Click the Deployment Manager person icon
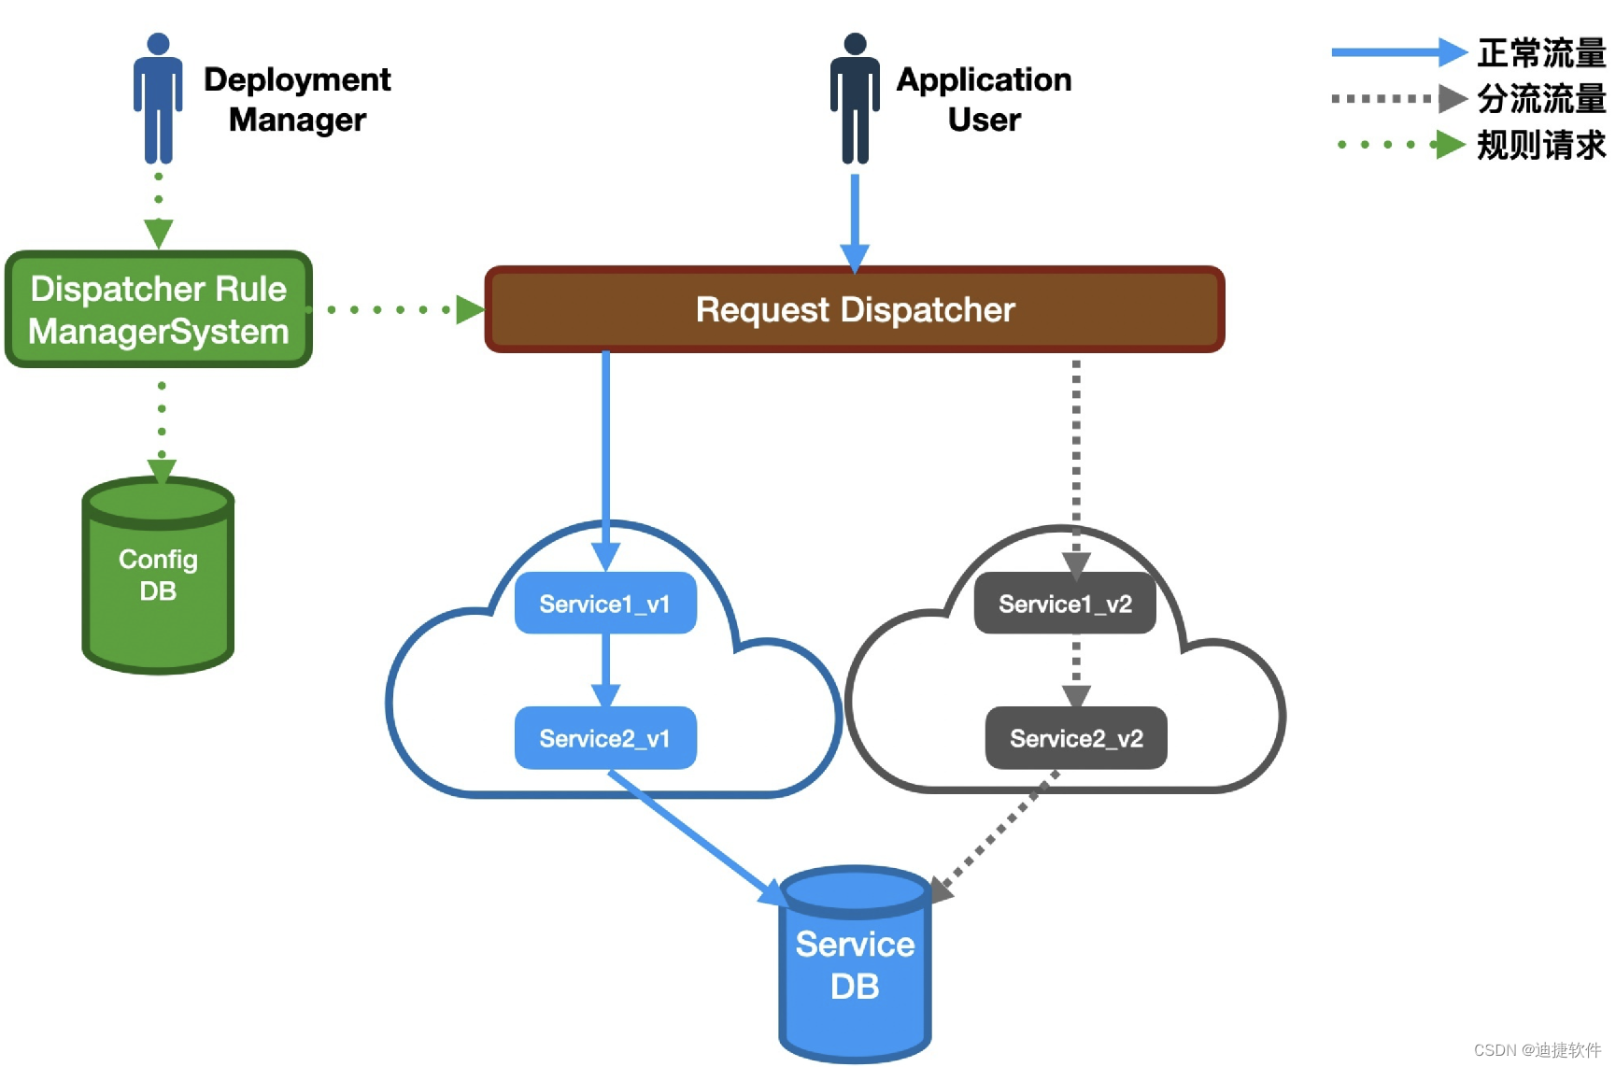point(158,98)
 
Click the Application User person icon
point(855,98)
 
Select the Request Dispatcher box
point(855,309)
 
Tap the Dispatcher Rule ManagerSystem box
point(159,309)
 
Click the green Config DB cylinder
point(158,576)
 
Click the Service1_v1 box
point(605,604)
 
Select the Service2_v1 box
point(605,738)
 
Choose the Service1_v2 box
point(1065,604)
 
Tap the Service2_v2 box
point(1076,738)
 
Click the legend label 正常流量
point(1542,52)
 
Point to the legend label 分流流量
point(1542,98)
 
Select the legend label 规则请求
point(1542,145)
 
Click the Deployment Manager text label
point(297,99)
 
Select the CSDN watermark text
point(1538,1050)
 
